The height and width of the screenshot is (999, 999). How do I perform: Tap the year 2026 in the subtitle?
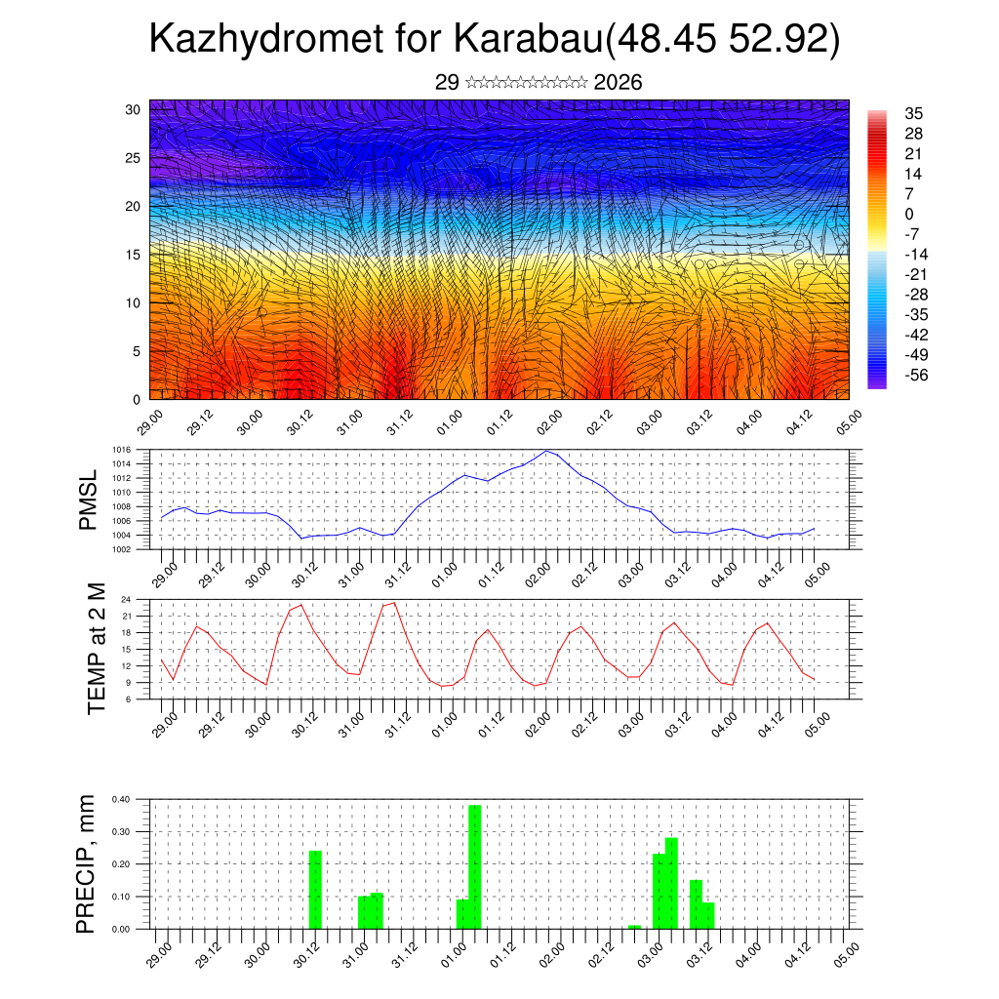tap(618, 83)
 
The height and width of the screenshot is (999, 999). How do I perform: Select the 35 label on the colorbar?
tap(913, 113)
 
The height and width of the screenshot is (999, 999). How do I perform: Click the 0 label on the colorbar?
tap(909, 214)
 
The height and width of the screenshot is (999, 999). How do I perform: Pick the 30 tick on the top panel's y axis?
tap(133, 109)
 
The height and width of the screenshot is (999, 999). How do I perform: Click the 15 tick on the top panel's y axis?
tap(133, 255)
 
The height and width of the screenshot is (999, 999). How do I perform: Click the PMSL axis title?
tap(89, 499)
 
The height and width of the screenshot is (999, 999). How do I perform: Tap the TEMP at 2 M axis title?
tap(96, 648)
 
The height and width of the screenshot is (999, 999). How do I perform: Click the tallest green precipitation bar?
tap(475, 866)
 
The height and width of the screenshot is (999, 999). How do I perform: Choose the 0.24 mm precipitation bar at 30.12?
tap(315, 889)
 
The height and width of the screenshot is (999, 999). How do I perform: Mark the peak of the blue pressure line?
tap(547, 451)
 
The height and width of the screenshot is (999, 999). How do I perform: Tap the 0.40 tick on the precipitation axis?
tap(121, 799)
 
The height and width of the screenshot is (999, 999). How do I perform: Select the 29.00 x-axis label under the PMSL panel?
tap(163, 573)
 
